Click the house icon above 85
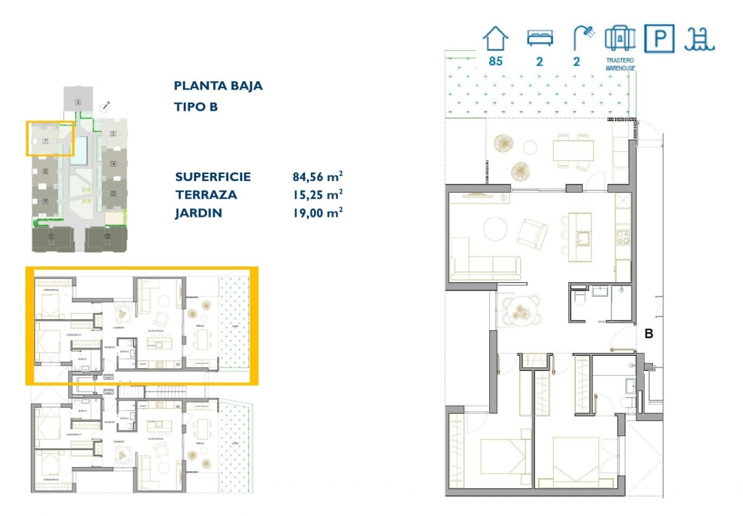[x=495, y=39]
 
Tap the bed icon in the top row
[x=540, y=39]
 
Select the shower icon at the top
[x=583, y=39]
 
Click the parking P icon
[x=659, y=39]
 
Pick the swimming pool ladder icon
[x=700, y=39]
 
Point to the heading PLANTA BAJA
[x=218, y=86]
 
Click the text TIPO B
[x=196, y=107]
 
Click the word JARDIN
[x=199, y=213]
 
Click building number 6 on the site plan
[x=78, y=103]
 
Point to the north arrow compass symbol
[x=105, y=106]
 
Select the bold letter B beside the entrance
[x=648, y=334]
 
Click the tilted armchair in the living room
[x=532, y=233]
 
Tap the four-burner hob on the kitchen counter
[x=623, y=238]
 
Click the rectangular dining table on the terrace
[x=574, y=150]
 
